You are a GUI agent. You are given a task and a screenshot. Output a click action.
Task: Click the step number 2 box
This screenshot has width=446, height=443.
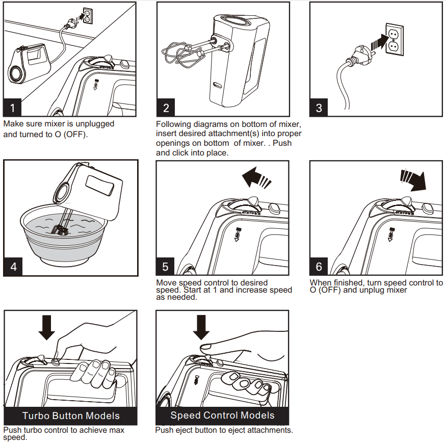[166, 108]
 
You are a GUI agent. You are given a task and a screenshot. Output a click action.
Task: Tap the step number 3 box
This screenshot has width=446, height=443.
[319, 108]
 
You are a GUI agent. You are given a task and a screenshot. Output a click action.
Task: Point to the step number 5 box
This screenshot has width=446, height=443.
[166, 267]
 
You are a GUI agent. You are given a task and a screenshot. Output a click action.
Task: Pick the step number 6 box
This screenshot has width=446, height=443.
[319, 267]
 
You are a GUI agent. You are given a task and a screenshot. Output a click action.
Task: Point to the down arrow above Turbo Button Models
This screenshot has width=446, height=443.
[47, 327]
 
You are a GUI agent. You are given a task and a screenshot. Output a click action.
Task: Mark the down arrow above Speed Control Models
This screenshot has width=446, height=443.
[201, 327]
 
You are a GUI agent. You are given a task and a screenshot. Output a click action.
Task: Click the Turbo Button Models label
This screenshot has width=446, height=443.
[71, 415]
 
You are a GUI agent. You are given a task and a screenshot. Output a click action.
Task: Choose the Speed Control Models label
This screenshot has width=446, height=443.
[222, 415]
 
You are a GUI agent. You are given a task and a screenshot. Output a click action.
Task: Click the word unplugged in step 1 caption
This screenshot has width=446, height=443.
[92, 124]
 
